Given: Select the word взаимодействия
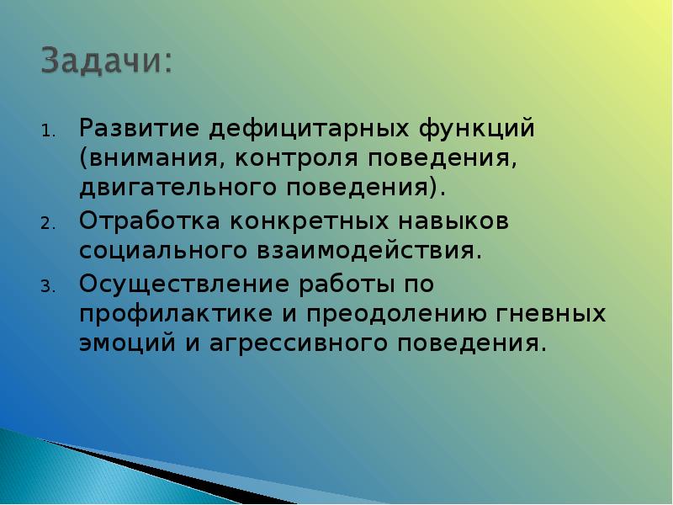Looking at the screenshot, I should [x=366, y=250].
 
